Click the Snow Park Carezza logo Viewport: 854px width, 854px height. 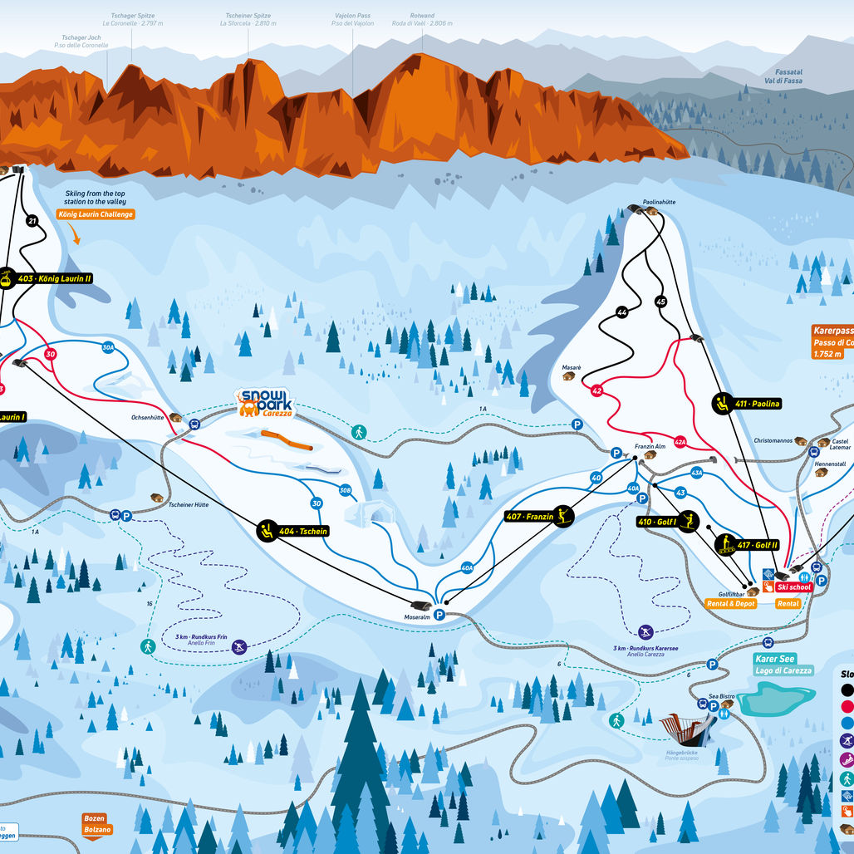[x=265, y=404]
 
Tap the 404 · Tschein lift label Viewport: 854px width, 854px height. [x=293, y=530]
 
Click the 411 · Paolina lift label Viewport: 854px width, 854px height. [x=748, y=404]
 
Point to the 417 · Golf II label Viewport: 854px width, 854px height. [x=748, y=545]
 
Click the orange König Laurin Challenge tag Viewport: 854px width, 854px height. [x=96, y=214]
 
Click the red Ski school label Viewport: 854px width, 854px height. [x=794, y=587]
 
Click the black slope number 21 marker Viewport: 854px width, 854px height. [x=32, y=221]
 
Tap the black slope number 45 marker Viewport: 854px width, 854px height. [x=661, y=302]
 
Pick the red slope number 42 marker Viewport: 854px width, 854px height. [x=596, y=390]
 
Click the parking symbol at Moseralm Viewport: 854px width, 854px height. [x=439, y=615]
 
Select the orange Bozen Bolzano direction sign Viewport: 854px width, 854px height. [x=94, y=824]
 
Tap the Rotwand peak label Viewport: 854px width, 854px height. [x=422, y=19]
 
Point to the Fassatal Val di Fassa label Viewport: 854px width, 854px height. [x=783, y=76]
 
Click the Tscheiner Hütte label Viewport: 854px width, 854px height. [x=188, y=504]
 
